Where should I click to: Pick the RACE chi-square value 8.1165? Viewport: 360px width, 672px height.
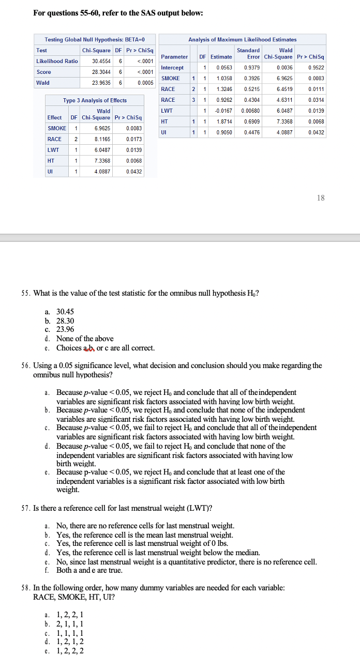click(101, 139)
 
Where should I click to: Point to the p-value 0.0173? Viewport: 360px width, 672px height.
click(134, 139)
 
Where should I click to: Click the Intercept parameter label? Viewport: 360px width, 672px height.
click(172, 68)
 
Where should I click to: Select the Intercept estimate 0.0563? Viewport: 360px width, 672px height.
click(224, 68)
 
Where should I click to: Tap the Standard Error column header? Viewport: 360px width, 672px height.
click(248, 53)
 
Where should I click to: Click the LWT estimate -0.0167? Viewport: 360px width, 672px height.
click(223, 110)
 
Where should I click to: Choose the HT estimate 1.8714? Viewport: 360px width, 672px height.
click(224, 121)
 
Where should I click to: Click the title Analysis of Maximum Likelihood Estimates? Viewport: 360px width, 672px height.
click(242, 39)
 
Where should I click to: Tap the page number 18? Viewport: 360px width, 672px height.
click(321, 197)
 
